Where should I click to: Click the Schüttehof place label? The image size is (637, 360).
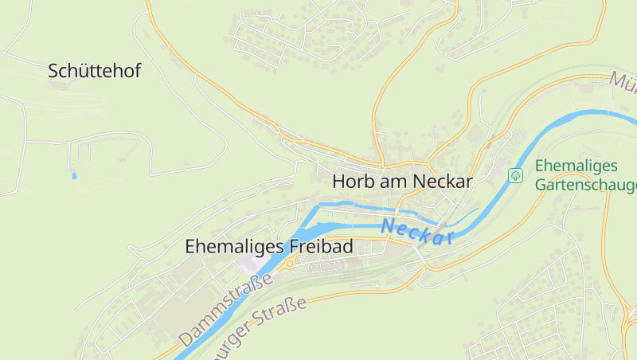tap(94, 71)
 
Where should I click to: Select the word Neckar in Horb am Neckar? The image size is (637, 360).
tap(443, 182)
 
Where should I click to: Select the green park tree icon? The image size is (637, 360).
tap(516, 174)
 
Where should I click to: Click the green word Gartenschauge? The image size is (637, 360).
tap(586, 186)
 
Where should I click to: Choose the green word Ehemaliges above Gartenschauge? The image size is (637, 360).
tap(576, 166)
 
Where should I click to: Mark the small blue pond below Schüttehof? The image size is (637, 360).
tap(74, 175)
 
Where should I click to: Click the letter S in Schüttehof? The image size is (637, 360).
tap(53, 71)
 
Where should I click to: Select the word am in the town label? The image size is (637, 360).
tap(394, 182)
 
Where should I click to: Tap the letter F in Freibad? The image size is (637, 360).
tap(288, 247)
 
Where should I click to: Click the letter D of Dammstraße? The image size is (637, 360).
tap(185, 337)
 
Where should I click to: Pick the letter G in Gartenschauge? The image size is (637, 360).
tap(541, 186)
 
